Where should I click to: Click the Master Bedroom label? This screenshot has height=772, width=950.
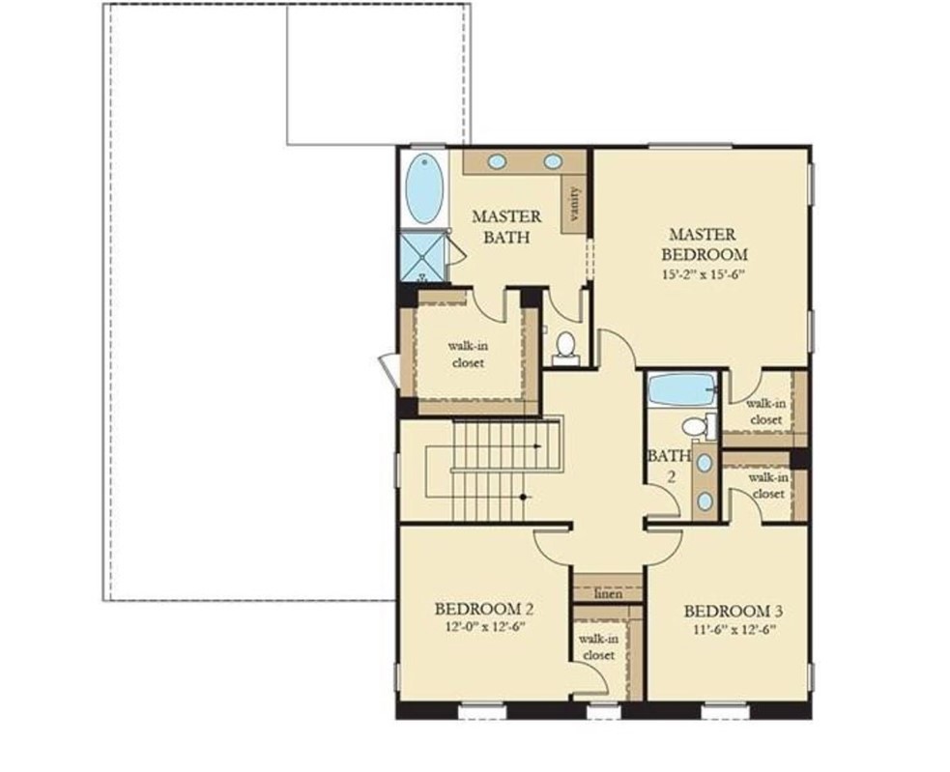pyautogui.click(x=703, y=244)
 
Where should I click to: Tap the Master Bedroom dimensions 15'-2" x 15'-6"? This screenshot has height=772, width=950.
pyautogui.click(x=703, y=274)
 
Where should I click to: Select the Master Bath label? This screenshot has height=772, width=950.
pyautogui.click(x=506, y=226)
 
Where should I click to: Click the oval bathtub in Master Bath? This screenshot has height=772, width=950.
pyautogui.click(x=423, y=187)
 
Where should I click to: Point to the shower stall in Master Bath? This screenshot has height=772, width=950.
pyautogui.click(x=423, y=257)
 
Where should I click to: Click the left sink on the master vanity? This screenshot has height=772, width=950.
pyautogui.click(x=497, y=161)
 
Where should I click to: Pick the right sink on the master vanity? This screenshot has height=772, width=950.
pyautogui.click(x=553, y=161)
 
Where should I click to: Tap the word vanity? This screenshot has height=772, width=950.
pyautogui.click(x=575, y=204)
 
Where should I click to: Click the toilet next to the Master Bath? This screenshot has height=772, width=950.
pyautogui.click(x=565, y=346)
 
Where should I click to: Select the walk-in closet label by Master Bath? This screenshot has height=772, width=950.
pyautogui.click(x=467, y=354)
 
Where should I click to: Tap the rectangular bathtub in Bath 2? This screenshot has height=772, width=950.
pyautogui.click(x=682, y=389)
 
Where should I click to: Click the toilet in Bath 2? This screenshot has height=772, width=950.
pyautogui.click(x=696, y=426)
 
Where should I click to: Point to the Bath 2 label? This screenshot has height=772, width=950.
pyautogui.click(x=668, y=465)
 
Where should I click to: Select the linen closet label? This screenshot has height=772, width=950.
pyautogui.click(x=607, y=593)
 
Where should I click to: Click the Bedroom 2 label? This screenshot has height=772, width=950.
pyautogui.click(x=483, y=610)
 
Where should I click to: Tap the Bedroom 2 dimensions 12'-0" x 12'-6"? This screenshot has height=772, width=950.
pyautogui.click(x=483, y=627)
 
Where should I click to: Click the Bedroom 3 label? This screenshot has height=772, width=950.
pyautogui.click(x=733, y=612)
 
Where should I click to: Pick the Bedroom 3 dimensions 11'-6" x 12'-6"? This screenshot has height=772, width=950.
pyautogui.click(x=733, y=629)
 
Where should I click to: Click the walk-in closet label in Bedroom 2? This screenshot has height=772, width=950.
pyautogui.click(x=598, y=646)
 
